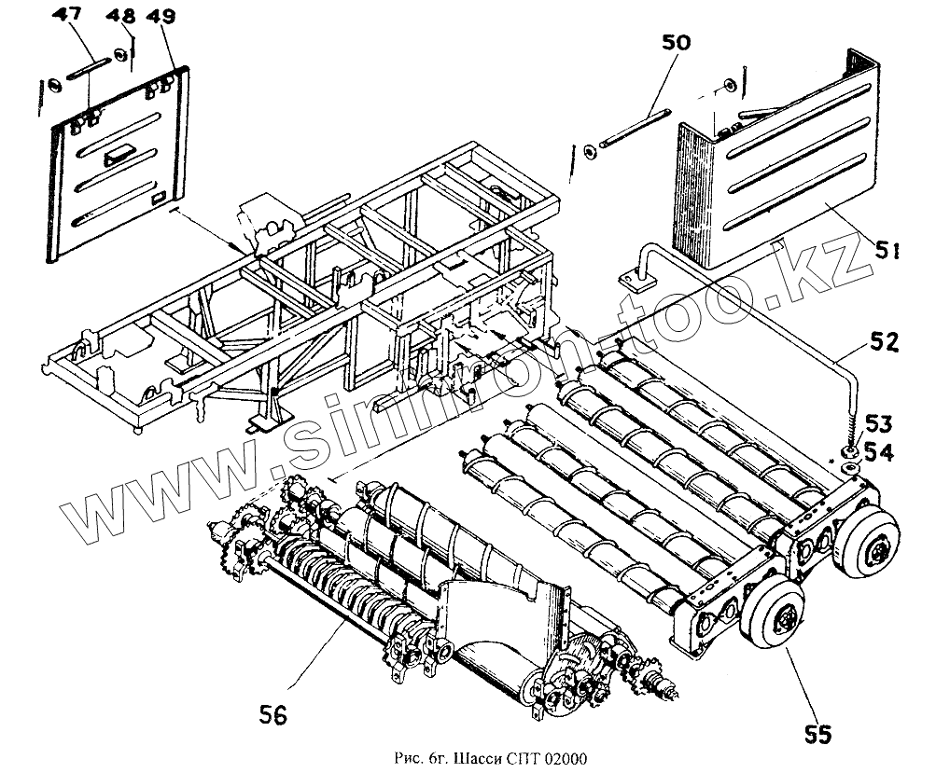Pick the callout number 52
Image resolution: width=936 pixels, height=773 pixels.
click(883, 342)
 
